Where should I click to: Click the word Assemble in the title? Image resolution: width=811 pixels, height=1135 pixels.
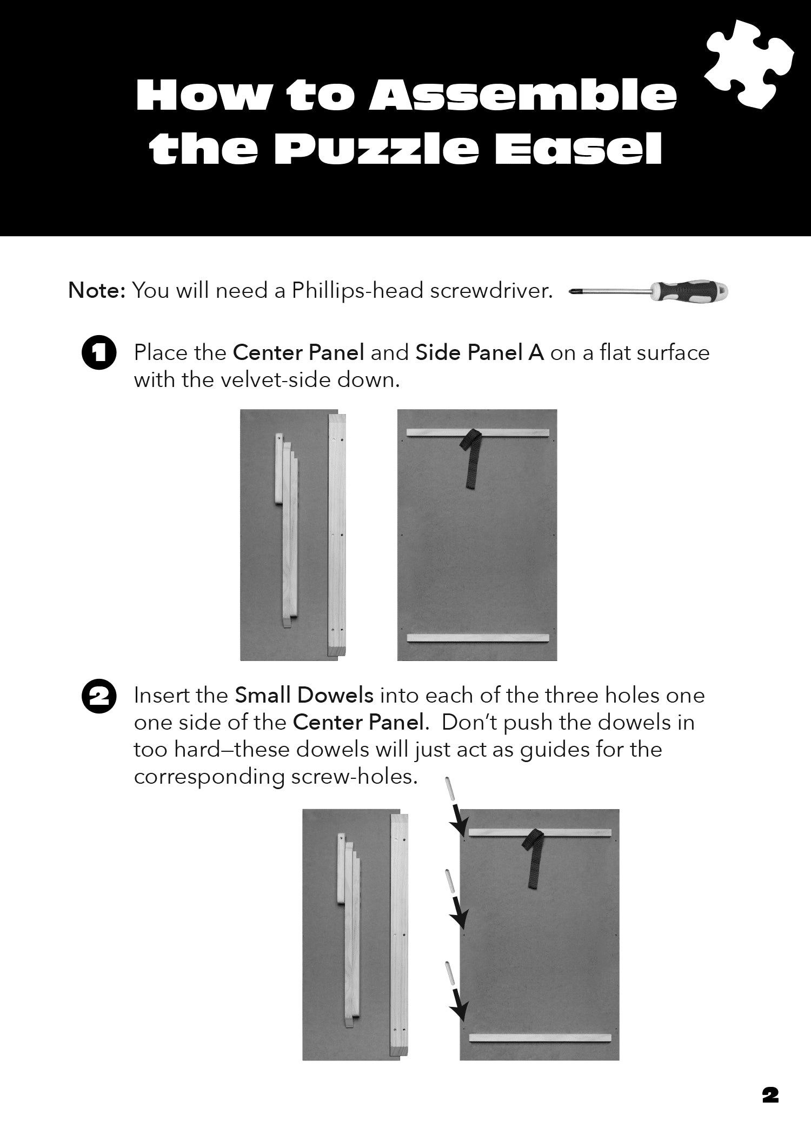(x=522, y=95)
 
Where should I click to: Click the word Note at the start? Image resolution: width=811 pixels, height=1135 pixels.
(x=96, y=291)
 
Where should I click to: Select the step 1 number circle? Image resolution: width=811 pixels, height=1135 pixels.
(x=99, y=353)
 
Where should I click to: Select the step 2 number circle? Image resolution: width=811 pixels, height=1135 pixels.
(x=99, y=697)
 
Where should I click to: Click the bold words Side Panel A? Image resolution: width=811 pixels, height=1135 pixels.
(x=479, y=352)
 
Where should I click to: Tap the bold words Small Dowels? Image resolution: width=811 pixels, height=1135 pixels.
(x=304, y=695)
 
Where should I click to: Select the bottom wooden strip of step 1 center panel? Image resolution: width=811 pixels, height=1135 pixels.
(x=478, y=638)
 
